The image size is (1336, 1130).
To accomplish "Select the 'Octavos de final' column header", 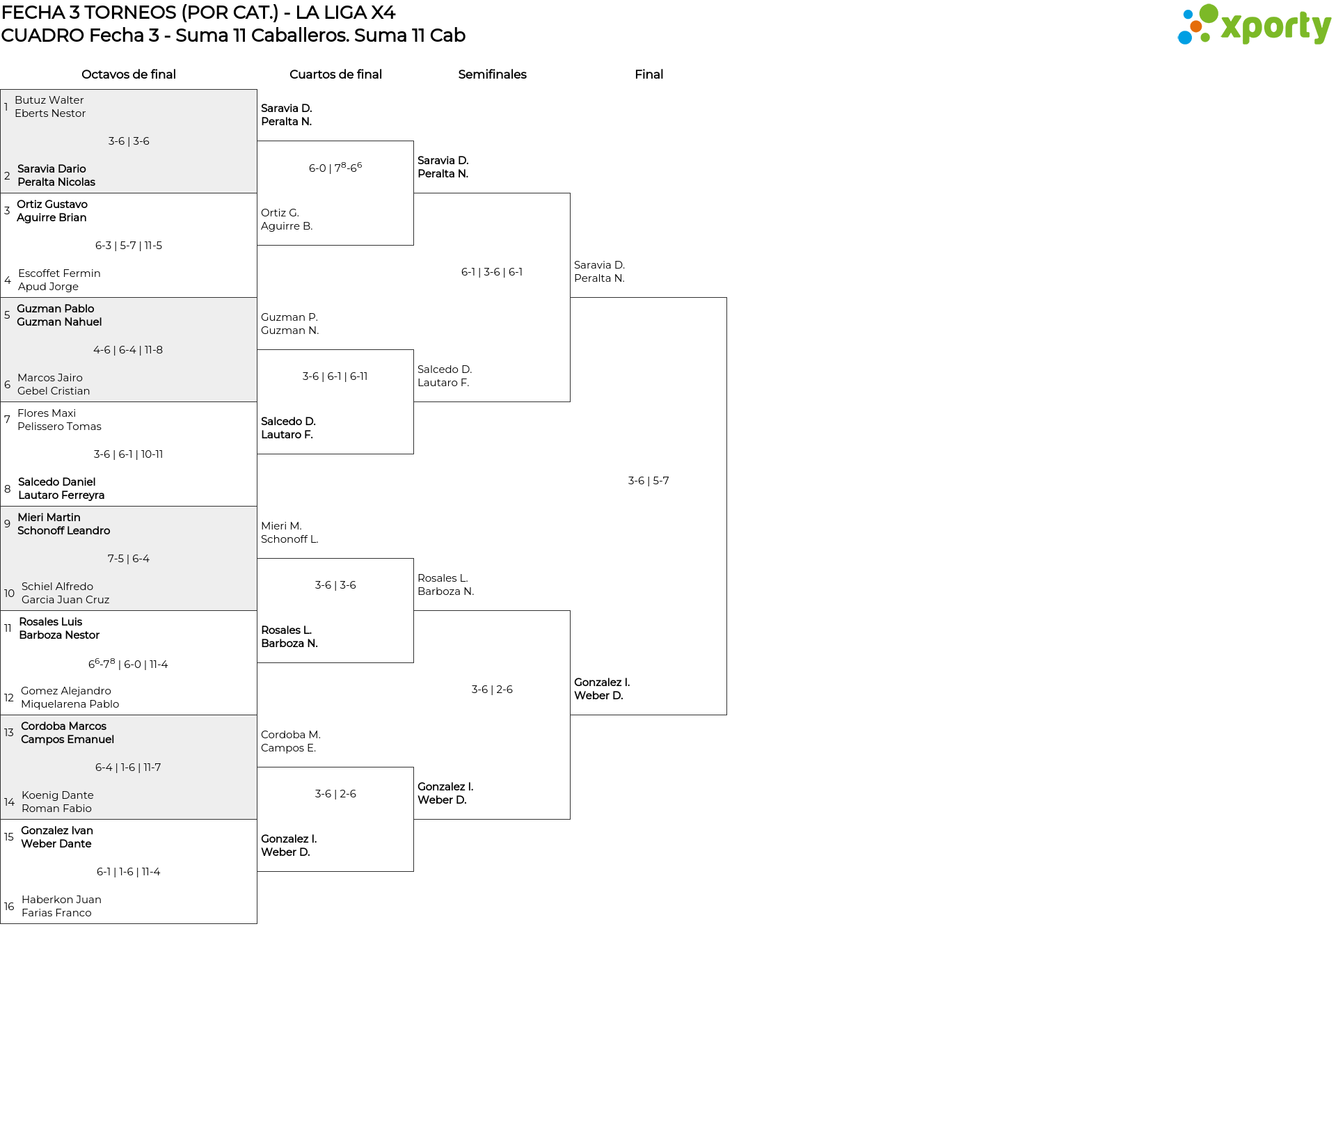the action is pos(129,74).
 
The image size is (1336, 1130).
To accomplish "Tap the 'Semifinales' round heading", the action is pos(492,74).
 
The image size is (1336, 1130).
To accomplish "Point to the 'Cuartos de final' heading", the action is pos(335,74).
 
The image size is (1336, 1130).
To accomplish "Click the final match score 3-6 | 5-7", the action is pos(649,481).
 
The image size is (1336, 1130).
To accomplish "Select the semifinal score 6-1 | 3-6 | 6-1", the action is pos(492,272).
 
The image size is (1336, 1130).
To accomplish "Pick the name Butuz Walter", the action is pos(49,100).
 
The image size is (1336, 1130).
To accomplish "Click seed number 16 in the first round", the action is pos(9,907).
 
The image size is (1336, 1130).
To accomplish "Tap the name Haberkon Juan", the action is pos(61,900).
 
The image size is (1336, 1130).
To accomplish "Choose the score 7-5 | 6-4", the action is pos(129,559).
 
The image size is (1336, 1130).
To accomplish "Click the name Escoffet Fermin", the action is pos(59,273).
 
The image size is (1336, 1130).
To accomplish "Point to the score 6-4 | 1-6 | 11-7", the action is pos(128,767).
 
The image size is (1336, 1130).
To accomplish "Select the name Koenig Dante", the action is pos(58,795).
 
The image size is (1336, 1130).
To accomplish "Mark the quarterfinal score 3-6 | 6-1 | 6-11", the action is pos(335,376).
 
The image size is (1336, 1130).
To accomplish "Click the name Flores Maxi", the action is pos(47,413).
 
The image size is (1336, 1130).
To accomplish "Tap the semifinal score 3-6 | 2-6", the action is pos(492,690).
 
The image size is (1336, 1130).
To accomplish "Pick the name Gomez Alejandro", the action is pos(66,691).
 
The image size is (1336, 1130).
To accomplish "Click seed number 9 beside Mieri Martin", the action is pos(7,524).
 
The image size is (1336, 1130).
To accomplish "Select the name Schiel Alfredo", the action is pos(57,587).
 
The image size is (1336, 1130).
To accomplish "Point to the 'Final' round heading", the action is pos(649,74).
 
